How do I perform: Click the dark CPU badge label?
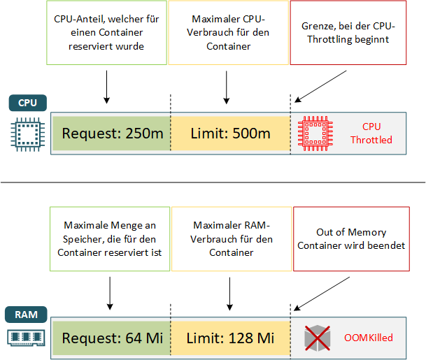[x=28, y=103]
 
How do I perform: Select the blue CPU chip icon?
[x=27, y=133]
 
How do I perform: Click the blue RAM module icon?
[x=27, y=338]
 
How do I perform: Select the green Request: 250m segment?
[x=111, y=133]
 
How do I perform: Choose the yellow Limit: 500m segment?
[x=229, y=133]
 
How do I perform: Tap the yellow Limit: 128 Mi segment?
[x=229, y=338]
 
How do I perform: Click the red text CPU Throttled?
[x=371, y=133]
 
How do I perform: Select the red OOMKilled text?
[x=368, y=338]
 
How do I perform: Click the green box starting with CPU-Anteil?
[x=107, y=34]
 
